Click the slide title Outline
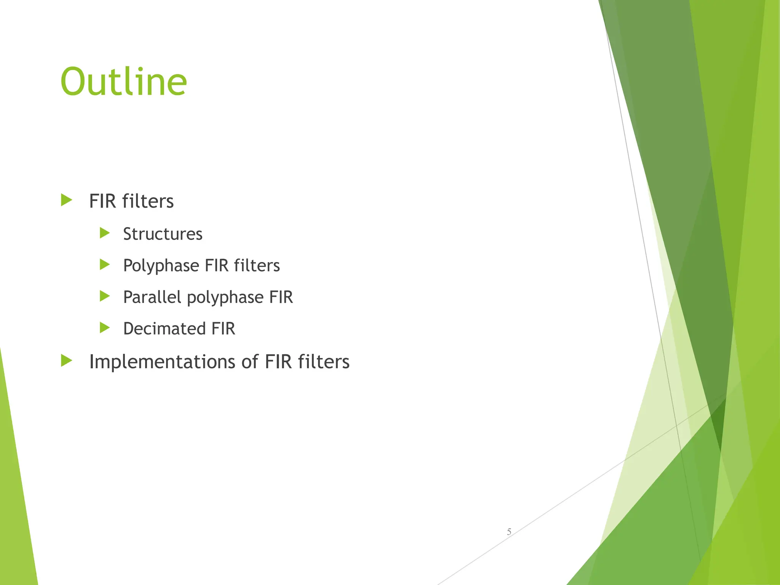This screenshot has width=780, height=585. tap(123, 82)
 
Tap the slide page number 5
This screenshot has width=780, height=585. tap(509, 532)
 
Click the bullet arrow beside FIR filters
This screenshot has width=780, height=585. tap(66, 200)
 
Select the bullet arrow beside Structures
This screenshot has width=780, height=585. tap(104, 233)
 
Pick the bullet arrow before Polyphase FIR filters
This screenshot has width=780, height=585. tap(104, 264)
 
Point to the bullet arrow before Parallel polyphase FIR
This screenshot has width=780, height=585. tap(104, 296)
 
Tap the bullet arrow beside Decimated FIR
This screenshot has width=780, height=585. tap(104, 328)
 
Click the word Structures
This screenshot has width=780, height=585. tap(163, 234)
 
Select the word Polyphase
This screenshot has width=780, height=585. tap(161, 266)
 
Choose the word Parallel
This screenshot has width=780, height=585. tap(152, 297)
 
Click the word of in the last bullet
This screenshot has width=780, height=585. tap(250, 362)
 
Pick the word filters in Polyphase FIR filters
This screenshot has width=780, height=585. tap(257, 265)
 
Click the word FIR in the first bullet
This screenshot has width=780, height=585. tap(102, 201)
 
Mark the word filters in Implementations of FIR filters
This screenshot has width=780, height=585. tap(323, 362)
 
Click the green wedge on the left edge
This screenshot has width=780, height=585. tap(15, 495)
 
